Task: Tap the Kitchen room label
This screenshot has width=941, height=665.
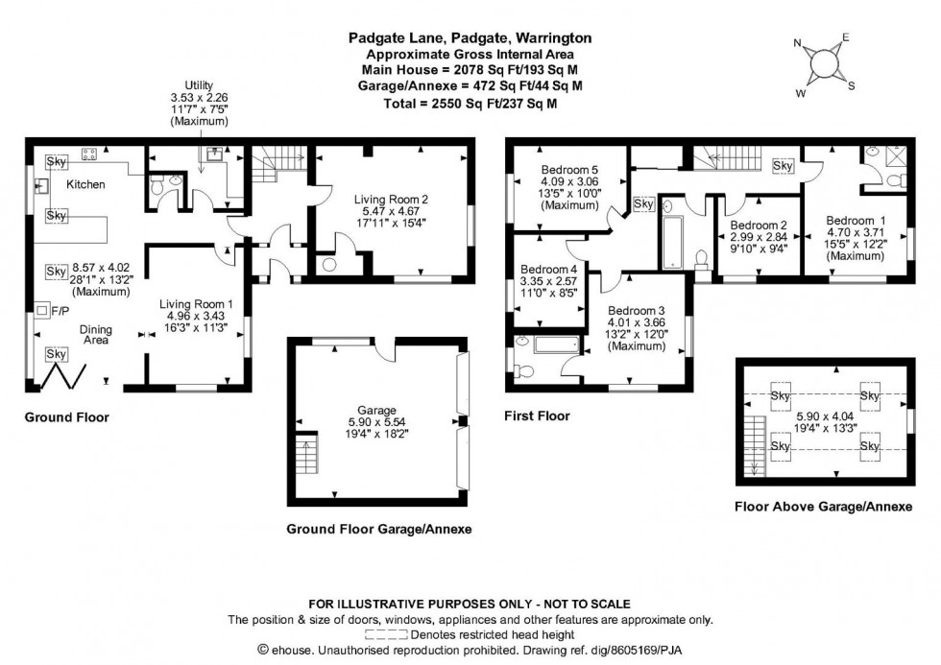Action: pos(85,184)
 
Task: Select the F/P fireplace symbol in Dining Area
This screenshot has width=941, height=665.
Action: pos(42,310)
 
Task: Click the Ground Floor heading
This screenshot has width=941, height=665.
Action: pos(66,417)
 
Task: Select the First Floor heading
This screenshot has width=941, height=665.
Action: pos(537,416)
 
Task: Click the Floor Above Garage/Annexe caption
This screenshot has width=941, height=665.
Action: pos(822,507)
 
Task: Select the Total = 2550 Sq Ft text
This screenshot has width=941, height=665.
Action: pos(470,103)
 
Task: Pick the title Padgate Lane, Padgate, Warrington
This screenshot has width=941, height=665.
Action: pos(470,38)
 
